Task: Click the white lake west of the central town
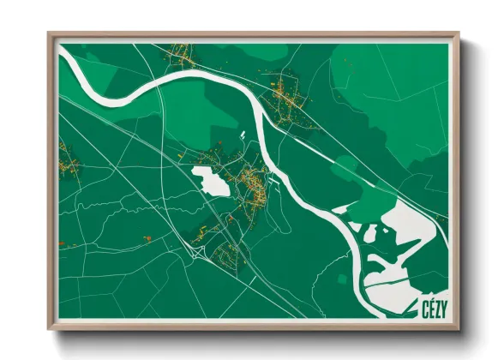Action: coord(210,179)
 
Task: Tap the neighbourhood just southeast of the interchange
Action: coord(229,252)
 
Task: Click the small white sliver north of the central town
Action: coord(243,135)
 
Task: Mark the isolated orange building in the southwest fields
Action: coord(147,237)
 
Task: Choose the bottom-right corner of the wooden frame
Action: coord(459,328)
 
